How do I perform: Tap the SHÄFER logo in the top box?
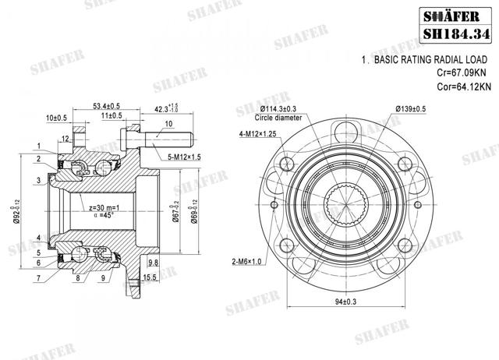pos(457,12)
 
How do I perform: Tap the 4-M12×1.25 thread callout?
pos(260,134)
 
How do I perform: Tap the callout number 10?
pos(169,124)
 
